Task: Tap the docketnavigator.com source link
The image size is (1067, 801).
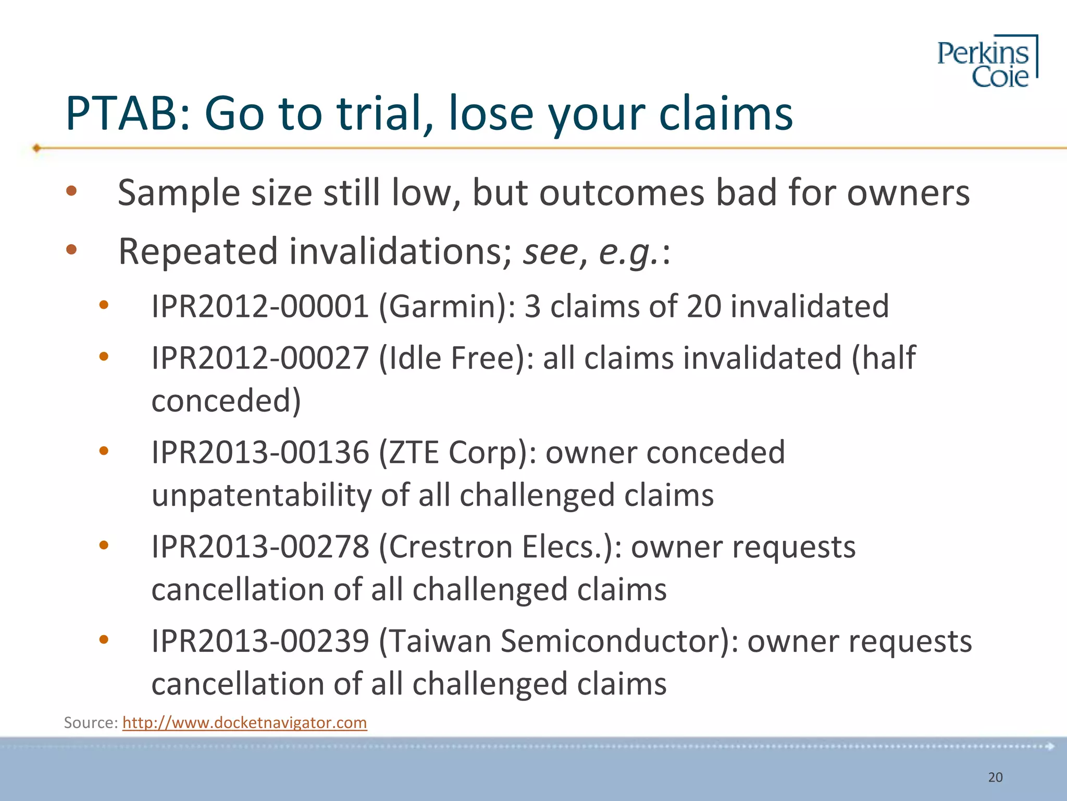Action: coord(244,723)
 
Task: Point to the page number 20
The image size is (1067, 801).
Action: coord(995,778)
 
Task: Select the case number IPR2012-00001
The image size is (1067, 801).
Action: coord(260,306)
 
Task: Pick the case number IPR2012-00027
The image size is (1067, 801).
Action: coord(260,358)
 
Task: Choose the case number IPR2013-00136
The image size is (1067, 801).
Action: coord(260,452)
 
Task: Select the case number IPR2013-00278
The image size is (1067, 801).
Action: coord(260,547)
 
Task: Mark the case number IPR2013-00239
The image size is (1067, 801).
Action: coord(260,641)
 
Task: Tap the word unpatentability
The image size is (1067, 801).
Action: coord(261,495)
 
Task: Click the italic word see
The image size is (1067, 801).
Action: coord(551,253)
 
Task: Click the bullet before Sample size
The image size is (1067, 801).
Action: coord(71,191)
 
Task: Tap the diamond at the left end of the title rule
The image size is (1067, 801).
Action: coord(36,148)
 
